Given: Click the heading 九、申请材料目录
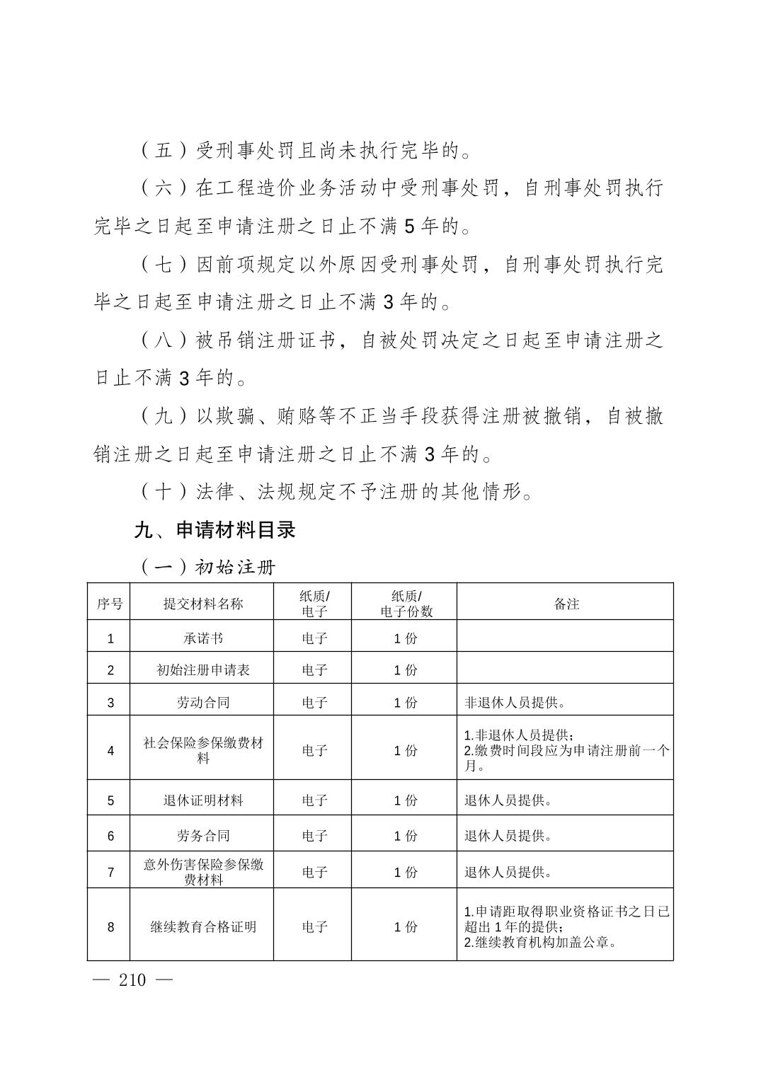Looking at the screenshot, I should [214, 530].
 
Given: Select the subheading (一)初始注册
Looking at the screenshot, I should [207, 568].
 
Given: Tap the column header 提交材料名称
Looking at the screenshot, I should [202, 604].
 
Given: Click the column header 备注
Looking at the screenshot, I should [566, 604].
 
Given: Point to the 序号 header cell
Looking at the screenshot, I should [109, 604].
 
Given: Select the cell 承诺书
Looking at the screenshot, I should [202, 638].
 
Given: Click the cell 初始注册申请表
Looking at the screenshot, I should [202, 669].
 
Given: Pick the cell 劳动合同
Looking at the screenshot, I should [202, 703].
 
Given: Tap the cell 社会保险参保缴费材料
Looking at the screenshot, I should [202, 750].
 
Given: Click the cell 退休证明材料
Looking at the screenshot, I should [202, 800].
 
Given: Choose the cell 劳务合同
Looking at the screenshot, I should [202, 836].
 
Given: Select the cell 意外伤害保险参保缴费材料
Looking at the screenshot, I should [202, 872].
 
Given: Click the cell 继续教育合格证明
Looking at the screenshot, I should [202, 926].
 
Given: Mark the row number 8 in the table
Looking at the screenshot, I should [110, 926].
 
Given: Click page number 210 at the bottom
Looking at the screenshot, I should [132, 980].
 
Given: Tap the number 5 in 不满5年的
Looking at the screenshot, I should [409, 226].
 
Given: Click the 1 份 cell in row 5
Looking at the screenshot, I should [406, 800].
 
